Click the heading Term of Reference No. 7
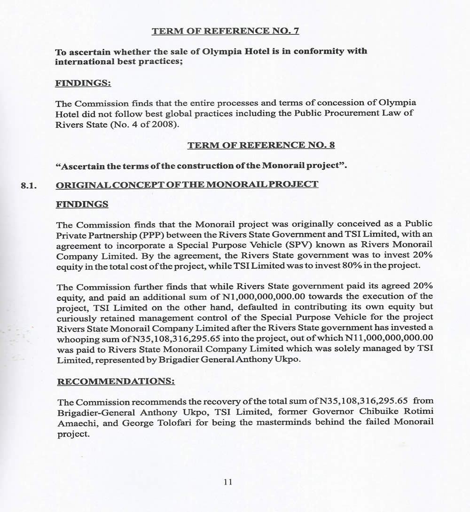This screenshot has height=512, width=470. tap(225, 32)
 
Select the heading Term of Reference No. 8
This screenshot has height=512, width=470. tap(261, 146)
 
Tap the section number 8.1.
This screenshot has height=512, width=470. tap(29, 185)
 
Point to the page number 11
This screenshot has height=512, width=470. tap(228, 482)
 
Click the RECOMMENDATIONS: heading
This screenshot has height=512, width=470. tap(116, 380)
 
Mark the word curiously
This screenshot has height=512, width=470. tap(77, 317)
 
